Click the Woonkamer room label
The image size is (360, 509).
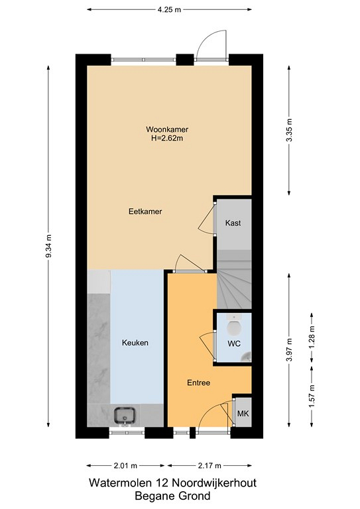click(167, 129)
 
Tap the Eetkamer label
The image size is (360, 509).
click(145, 211)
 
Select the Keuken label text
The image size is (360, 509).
click(135, 343)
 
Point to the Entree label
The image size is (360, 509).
click(198, 382)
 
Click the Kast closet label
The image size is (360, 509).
click(233, 223)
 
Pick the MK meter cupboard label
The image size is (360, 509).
click(243, 414)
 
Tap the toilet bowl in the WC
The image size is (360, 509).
click(235, 326)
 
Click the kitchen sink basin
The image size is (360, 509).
click(125, 415)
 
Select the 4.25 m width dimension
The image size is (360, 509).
click(169, 10)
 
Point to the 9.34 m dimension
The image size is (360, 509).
click(48, 246)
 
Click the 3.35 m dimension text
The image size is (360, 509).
click(290, 130)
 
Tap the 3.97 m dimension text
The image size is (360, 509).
click(290, 350)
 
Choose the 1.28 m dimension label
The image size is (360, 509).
click(312, 337)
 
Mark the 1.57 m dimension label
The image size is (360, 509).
click(312, 396)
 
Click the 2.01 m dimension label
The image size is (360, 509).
click(125, 466)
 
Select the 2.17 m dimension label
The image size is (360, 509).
click(210, 466)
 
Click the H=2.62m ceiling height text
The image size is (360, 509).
click(167, 139)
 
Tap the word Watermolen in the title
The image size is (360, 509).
click(120, 482)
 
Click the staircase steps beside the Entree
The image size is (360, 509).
click(234, 280)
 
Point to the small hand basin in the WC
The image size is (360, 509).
click(247, 357)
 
